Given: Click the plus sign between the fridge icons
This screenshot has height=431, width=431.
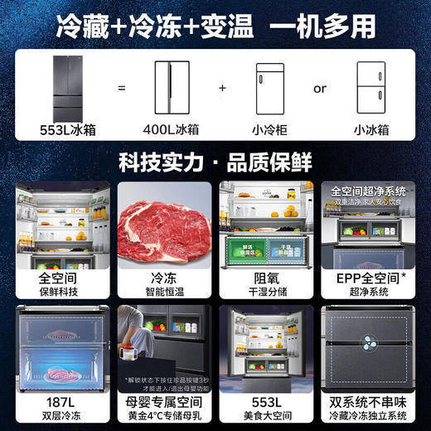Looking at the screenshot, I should pyautogui.click(x=222, y=87).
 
